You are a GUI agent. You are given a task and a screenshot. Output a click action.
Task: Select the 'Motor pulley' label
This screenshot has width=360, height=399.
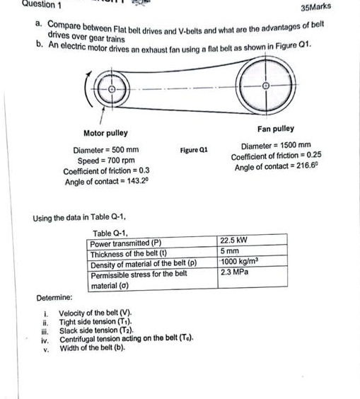point(105,133)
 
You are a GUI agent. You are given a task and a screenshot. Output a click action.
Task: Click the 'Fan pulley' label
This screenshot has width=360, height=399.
point(276,129)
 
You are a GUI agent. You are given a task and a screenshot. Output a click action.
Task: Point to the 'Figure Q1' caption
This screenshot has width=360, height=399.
point(193,151)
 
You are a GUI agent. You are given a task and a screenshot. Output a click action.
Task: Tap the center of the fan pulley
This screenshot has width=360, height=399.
point(267,86)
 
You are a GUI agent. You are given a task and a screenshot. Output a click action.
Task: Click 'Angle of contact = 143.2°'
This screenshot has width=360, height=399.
point(107,181)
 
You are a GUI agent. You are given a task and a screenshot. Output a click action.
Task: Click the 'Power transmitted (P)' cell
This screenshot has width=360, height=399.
point(127,243)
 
